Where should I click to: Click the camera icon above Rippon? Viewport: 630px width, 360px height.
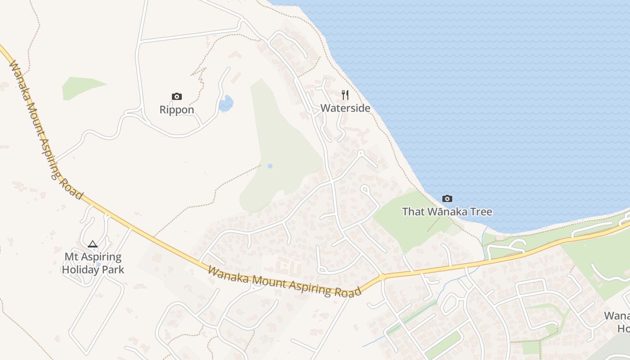[x=177, y=96]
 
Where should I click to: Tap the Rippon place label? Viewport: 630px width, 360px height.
[x=177, y=110]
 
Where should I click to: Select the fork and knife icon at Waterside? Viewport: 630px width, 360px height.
[x=345, y=95]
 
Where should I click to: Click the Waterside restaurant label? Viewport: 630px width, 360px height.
[x=345, y=108]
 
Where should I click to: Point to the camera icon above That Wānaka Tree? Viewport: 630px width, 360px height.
[x=447, y=198]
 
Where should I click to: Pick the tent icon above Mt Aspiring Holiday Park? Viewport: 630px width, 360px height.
[x=93, y=244]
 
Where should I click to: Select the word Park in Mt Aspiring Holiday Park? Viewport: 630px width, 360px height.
[x=113, y=270]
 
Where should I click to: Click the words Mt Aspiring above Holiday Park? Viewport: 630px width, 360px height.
[x=93, y=257]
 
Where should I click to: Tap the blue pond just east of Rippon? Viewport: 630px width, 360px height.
[x=226, y=103]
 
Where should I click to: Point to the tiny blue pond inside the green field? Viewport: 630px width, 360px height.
[x=270, y=166]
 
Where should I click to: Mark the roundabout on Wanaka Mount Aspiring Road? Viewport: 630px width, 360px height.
[x=382, y=277]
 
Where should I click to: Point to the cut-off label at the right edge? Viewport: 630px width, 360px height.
[x=617, y=322]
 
